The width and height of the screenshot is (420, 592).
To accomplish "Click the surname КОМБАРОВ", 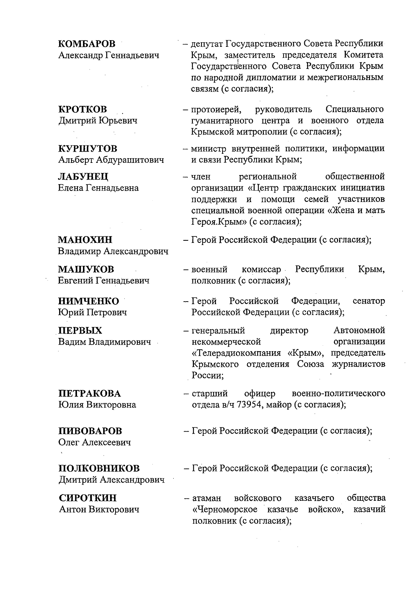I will (86, 44).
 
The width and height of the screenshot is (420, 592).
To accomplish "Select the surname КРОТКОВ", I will (82, 109).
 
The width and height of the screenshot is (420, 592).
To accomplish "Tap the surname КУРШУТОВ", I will (87, 149).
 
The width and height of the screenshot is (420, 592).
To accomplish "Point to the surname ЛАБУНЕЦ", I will (83, 176).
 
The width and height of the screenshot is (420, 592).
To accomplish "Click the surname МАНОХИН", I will (85, 240).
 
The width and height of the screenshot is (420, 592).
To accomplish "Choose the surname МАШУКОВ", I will (86, 269).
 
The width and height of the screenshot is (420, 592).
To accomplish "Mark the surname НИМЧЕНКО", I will (88, 301).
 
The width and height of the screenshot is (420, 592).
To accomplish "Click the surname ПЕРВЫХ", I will (80, 331).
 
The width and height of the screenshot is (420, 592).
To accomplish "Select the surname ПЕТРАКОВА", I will (89, 394).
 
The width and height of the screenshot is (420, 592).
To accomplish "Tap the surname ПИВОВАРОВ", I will (90, 431).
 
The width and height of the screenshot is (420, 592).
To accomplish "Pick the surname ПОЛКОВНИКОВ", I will (99, 468).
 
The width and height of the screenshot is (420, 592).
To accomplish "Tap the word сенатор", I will (369, 301).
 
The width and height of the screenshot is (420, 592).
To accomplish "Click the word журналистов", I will (358, 364).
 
